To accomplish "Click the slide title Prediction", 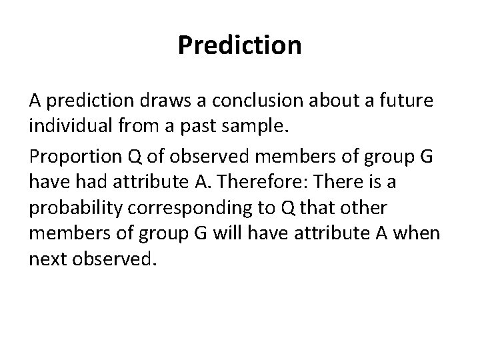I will tap(240, 45).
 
